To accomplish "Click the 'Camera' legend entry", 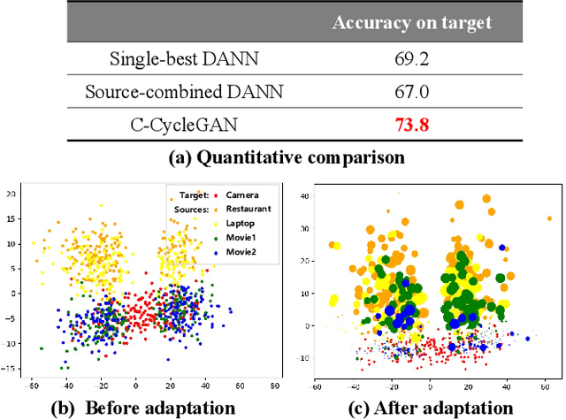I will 241,195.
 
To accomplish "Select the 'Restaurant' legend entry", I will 248,209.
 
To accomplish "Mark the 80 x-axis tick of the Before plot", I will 274,386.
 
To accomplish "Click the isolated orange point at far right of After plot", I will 549,218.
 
